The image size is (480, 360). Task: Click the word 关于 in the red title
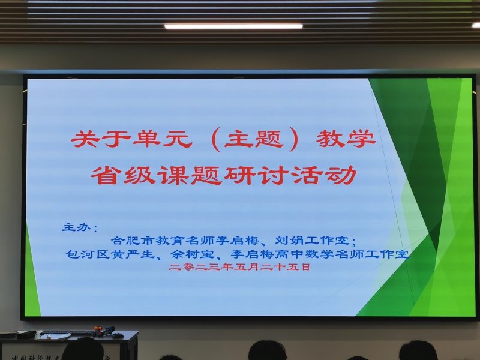tap(100, 139)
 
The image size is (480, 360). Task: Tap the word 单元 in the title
tap(163, 139)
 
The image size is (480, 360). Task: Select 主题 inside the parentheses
tap(254, 139)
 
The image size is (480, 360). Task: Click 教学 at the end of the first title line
tap(346, 139)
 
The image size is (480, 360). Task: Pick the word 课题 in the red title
tap(190, 175)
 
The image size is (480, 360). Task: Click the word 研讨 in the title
tap(257, 175)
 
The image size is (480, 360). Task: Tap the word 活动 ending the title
tap(324, 175)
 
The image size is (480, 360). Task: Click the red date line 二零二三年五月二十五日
tap(239, 267)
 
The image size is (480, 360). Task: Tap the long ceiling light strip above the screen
tap(233, 26)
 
